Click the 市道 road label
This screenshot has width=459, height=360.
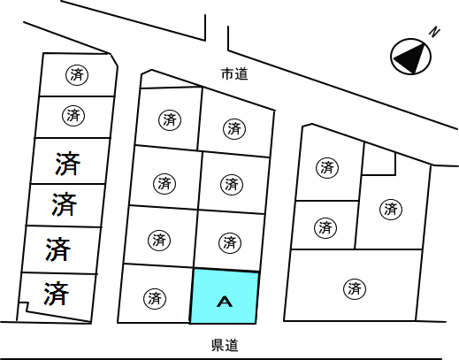click(x=234, y=74)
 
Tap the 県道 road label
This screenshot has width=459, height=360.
click(x=225, y=345)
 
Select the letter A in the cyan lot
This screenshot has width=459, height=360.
click(x=225, y=302)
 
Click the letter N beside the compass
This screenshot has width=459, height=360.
click(x=434, y=32)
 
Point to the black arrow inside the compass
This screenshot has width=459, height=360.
click(x=410, y=57)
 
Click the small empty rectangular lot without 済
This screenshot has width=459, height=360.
click(x=379, y=160)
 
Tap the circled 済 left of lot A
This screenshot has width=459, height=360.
click(x=155, y=298)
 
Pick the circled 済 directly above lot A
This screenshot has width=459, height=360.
click(x=230, y=243)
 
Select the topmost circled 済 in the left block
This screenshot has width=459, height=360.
click(x=77, y=74)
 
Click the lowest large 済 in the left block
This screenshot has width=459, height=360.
click(x=57, y=294)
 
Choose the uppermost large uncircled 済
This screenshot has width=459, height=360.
click(x=67, y=164)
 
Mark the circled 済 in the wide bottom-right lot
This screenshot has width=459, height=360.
click(x=355, y=288)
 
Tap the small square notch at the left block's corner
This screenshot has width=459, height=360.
click(x=23, y=307)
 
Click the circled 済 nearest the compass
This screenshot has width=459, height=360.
click(x=391, y=210)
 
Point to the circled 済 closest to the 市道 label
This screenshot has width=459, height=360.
click(x=234, y=129)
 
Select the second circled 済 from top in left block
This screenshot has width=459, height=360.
click(x=73, y=115)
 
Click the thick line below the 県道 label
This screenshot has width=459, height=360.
click(x=223, y=359)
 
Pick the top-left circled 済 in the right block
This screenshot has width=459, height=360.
click(x=327, y=167)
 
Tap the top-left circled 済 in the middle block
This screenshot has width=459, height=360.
click(x=170, y=120)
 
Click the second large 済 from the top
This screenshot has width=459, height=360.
click(x=65, y=203)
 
